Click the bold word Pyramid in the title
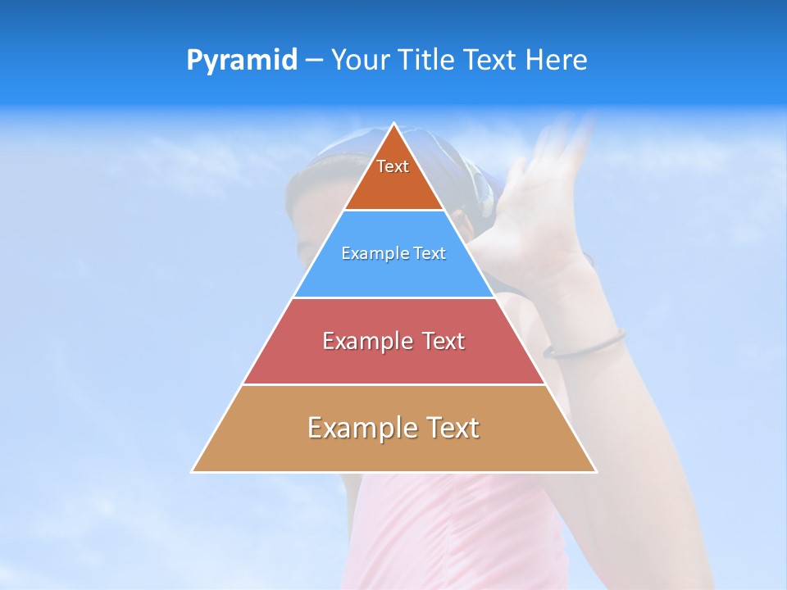(242, 61)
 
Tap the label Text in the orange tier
(393, 166)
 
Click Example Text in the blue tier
(393, 253)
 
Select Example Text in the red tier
(393, 341)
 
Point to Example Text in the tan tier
(393, 428)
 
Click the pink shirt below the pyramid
(459, 533)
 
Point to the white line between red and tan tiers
(393, 384)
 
